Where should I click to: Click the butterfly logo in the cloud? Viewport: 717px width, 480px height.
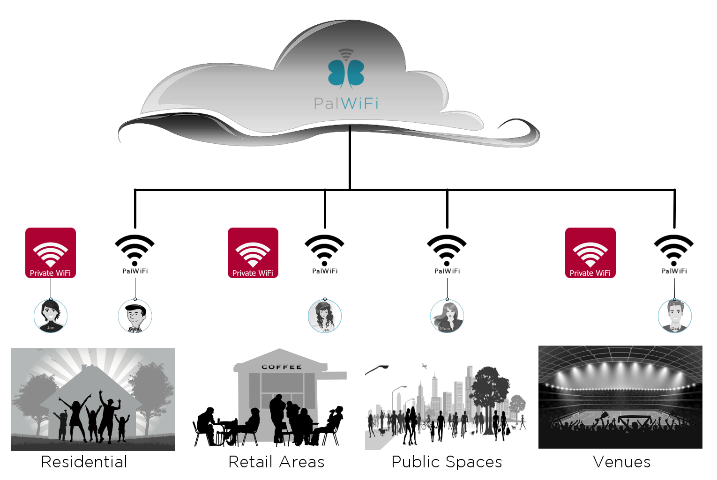click(x=346, y=74)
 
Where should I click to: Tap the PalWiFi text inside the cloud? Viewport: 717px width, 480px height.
click(x=346, y=103)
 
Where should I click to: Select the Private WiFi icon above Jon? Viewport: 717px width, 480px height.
click(x=51, y=253)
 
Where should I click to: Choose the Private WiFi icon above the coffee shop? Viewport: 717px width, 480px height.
click(x=253, y=253)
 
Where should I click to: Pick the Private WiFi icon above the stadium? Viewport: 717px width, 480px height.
click(x=590, y=253)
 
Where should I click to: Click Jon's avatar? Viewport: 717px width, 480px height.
click(x=51, y=316)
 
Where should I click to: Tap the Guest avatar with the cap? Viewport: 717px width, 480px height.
click(x=135, y=316)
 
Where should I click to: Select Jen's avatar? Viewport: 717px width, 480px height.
click(x=325, y=316)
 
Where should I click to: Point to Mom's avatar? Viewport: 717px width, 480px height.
click(x=447, y=316)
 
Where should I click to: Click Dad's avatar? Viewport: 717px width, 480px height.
click(x=675, y=316)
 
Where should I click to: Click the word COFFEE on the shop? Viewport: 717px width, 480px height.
click(x=282, y=367)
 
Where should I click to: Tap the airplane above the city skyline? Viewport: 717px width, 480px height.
click(x=425, y=366)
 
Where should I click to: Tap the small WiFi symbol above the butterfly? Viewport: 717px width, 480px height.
click(x=346, y=54)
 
